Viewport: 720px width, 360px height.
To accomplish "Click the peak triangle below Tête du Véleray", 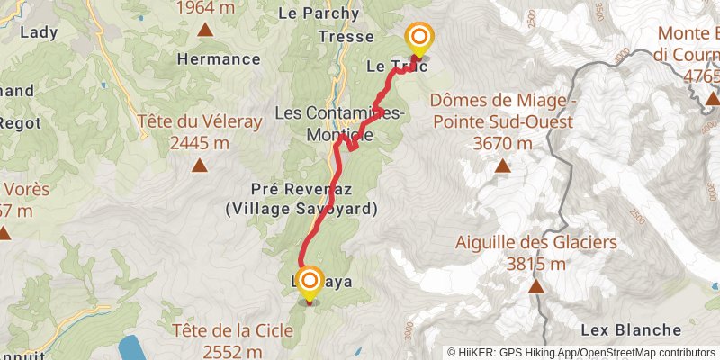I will [199, 165].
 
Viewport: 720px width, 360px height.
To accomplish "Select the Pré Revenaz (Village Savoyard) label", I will [301, 199].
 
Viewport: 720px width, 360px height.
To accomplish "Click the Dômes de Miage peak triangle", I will [503, 166].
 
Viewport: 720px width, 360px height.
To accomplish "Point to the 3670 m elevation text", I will [502, 143].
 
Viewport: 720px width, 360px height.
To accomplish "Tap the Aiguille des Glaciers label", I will [535, 242].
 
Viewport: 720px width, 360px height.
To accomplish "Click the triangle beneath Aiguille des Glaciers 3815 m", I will [536, 287].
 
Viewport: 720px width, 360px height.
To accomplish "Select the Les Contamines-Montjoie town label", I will [338, 124].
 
